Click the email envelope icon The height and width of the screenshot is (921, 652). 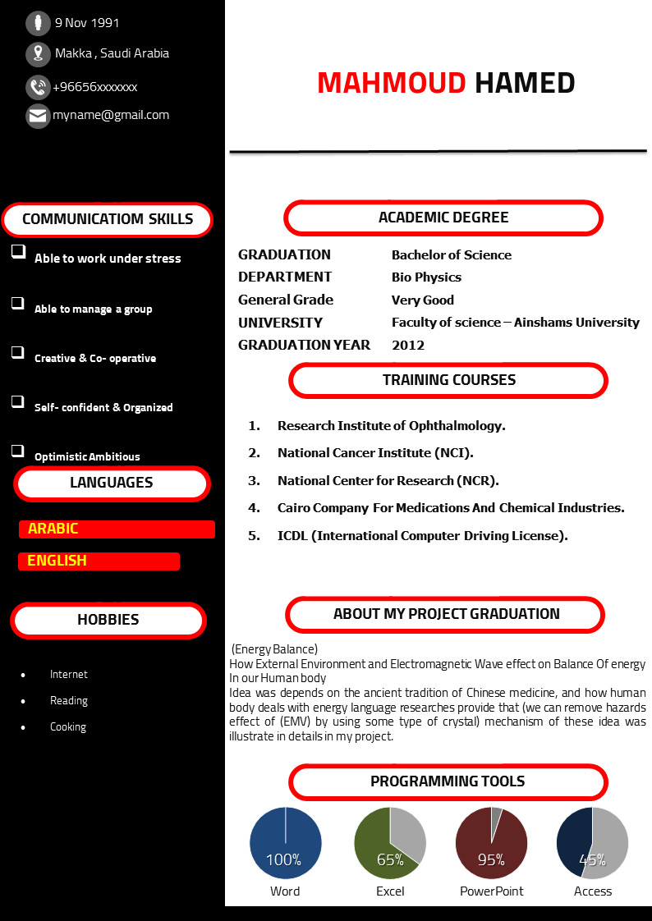pos(38,116)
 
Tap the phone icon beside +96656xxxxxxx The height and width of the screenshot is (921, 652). pos(38,86)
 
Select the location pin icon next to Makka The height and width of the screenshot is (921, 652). pos(38,54)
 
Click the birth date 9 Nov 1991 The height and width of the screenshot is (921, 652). pos(86,23)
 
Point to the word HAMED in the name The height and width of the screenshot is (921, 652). pos(526,83)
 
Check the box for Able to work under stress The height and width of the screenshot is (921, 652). pos(18,252)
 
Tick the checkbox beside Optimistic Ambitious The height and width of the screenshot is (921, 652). pos(18,450)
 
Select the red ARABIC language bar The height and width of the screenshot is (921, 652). pos(117,529)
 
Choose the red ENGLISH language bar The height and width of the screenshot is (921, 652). pos(99,561)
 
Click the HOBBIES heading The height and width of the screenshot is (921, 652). pos(108,621)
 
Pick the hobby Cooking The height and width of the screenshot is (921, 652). pos(68,727)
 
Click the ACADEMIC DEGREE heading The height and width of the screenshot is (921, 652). pos(443,218)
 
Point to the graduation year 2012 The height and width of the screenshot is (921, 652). pos(408,345)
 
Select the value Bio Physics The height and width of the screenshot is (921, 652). pos(426,277)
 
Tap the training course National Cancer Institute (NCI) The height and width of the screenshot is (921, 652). pos(375,453)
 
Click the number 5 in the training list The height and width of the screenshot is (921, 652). pos(255,536)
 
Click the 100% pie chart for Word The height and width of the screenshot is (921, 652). pos(285,844)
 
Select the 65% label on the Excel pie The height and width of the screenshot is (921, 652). pos(390,860)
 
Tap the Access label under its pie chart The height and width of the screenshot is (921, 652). pos(593,891)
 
